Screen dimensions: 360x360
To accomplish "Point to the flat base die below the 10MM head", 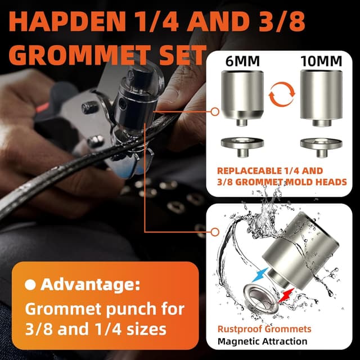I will [x=321, y=143].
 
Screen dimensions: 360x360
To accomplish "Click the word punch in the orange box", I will [x=134, y=309].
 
